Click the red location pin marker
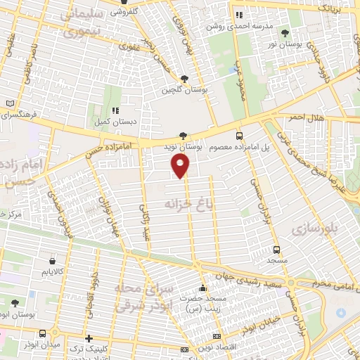coord(181,165)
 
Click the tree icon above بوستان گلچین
coord(184,79)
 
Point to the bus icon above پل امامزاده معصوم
coord(240,136)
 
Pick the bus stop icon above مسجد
coord(276,250)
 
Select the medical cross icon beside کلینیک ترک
coord(88,338)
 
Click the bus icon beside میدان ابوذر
coord(44,334)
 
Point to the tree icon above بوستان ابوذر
coord(15,303)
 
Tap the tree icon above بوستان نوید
coord(183,136)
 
